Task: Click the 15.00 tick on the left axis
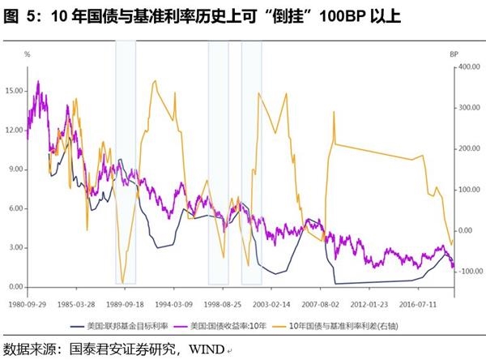click(14, 91)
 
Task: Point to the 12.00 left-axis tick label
click(14, 131)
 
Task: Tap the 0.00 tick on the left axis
click(15, 288)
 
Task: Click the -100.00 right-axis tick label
click(469, 271)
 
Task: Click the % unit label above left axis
click(27, 54)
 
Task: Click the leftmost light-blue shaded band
click(126, 162)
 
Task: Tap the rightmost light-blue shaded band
click(252, 162)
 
